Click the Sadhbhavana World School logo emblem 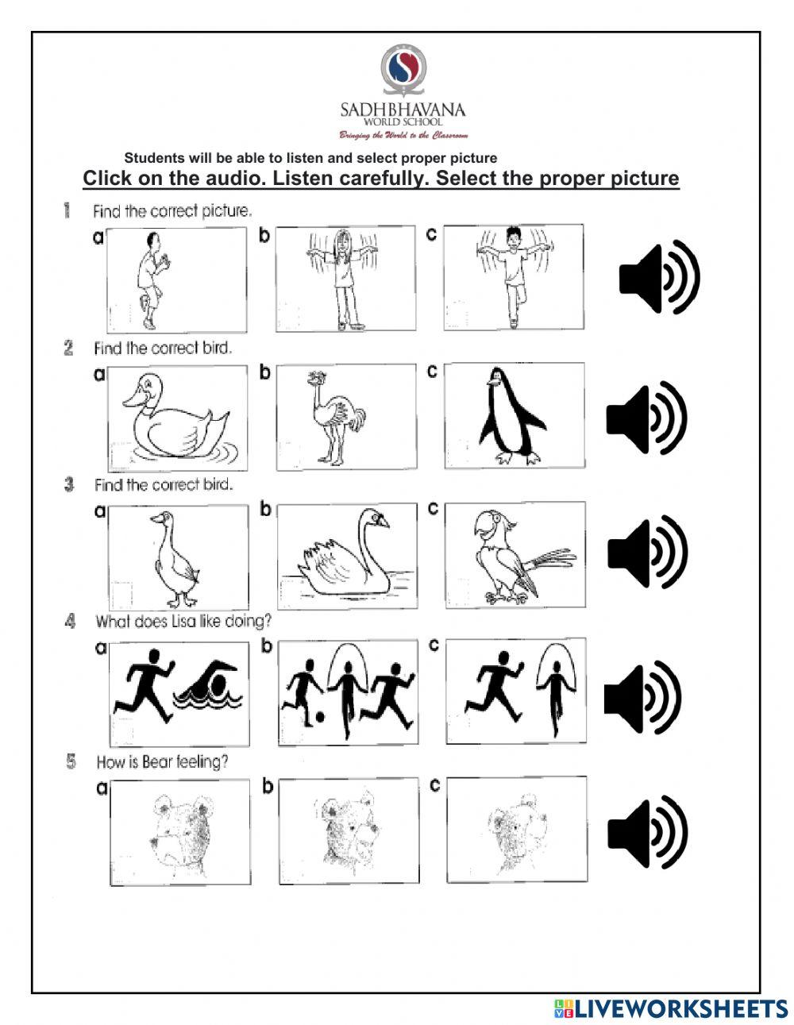pos(403,70)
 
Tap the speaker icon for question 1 pos(658,277)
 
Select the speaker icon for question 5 pos(646,833)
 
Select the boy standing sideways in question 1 pos(149,278)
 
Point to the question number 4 pos(71,621)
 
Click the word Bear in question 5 pos(159,762)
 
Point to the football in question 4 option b pos(318,717)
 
